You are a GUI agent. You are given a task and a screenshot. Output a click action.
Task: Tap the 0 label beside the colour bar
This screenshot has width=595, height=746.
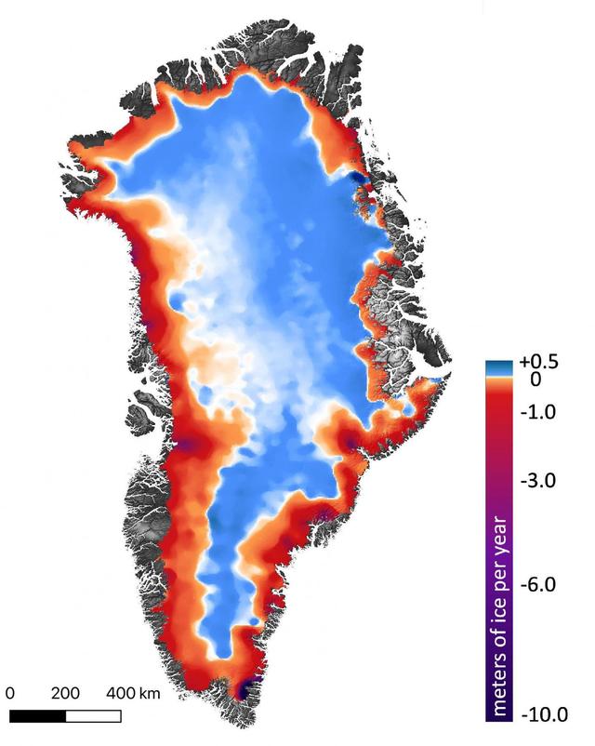pyautogui.click(x=534, y=380)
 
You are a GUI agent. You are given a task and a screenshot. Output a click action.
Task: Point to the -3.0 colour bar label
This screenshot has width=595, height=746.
pyautogui.click(x=539, y=481)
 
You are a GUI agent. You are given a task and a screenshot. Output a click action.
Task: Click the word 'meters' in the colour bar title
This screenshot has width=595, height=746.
pyautogui.click(x=503, y=685)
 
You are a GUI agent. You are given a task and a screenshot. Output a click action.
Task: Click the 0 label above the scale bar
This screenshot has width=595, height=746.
pyautogui.click(x=10, y=693)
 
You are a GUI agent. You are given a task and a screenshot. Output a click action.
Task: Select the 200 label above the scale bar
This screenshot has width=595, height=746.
pyautogui.click(x=65, y=693)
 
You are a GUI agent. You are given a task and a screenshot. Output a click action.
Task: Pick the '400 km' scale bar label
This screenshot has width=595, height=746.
pyautogui.click(x=135, y=693)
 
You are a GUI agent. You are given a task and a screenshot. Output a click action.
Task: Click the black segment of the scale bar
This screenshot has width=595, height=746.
pyautogui.click(x=37, y=715)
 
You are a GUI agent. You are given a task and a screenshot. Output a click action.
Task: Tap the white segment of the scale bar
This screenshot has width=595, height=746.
pyautogui.click(x=93, y=715)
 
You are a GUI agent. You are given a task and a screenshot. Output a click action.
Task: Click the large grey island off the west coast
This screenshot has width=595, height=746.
pyautogui.click(x=143, y=415)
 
